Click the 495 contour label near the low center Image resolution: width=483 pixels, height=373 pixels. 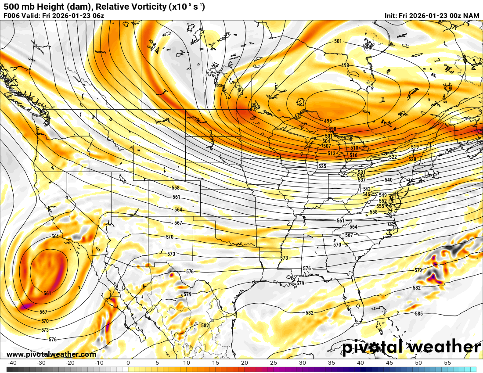328,121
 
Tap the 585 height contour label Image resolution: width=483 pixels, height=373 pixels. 418,314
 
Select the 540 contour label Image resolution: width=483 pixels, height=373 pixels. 389,180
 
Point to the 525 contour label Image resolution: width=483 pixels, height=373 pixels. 322,166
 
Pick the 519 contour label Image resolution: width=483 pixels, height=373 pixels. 415,147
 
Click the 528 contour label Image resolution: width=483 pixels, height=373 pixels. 412,159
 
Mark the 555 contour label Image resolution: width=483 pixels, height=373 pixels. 380,206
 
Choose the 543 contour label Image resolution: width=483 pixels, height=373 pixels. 367,189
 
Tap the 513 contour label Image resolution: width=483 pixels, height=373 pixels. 332,154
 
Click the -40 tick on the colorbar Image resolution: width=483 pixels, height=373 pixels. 12,363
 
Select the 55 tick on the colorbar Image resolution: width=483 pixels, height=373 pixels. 447,363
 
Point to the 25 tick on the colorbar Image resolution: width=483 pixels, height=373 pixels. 274,363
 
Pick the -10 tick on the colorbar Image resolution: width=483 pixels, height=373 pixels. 99,363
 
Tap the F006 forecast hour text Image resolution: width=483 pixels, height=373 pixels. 12,16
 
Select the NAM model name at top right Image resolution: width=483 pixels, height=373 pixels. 471,16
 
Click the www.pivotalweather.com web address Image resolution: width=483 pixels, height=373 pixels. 51,355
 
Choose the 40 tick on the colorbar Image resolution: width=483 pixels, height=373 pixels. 360,363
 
